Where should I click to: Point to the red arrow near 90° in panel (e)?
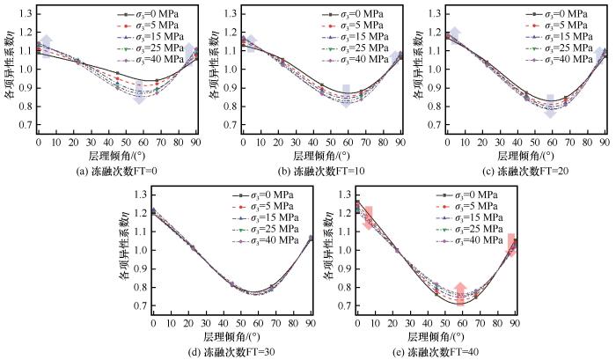[511, 244]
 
